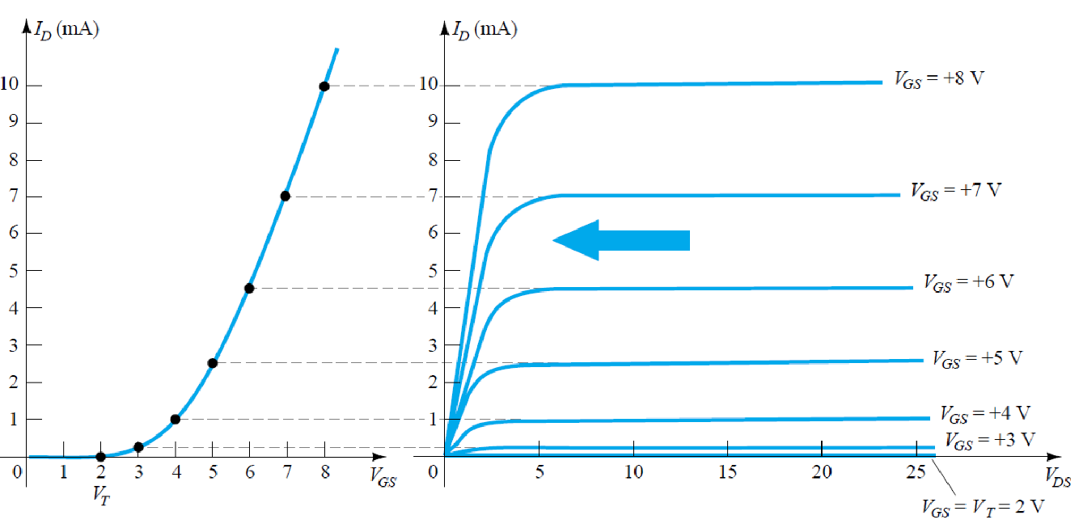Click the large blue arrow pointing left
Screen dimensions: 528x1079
[x=621, y=240]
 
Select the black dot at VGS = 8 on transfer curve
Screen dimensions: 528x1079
[x=324, y=87]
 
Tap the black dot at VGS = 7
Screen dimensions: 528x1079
[x=285, y=196]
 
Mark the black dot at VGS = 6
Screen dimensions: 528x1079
[x=249, y=288]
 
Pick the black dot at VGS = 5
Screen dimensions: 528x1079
[x=212, y=363]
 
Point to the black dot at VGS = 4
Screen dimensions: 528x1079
[x=175, y=419]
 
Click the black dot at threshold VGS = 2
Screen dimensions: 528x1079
[x=100, y=457]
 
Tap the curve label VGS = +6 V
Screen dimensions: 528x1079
[x=968, y=282]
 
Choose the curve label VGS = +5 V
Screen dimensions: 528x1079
[x=977, y=357]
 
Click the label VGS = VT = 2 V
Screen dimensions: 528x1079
[x=983, y=507]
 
